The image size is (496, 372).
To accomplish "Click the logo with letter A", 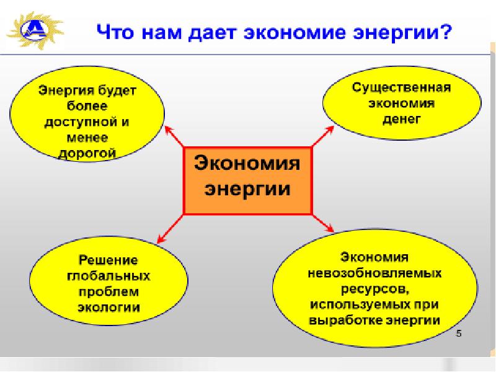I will (32, 29).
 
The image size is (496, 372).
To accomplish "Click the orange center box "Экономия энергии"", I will (247, 179).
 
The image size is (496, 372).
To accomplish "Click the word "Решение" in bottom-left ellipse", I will (108, 259).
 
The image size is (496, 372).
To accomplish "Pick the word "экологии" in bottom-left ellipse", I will (108, 307).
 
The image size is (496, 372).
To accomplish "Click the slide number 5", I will (459, 335).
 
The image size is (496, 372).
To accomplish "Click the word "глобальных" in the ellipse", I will (108, 275).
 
